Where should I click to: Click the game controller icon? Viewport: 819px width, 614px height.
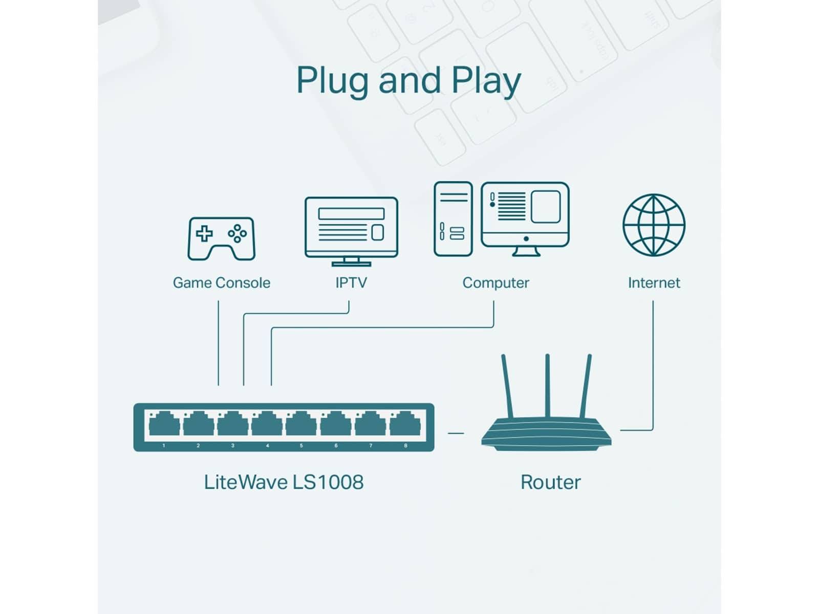click(x=221, y=238)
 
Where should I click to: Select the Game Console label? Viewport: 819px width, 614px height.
click(x=221, y=283)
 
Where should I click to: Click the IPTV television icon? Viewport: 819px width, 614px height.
click(x=351, y=227)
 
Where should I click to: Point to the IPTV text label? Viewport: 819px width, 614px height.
click(x=351, y=283)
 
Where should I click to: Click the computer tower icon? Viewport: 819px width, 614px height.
click(x=453, y=219)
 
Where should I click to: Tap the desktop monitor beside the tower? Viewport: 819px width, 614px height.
click(x=525, y=215)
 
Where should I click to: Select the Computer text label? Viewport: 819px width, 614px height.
click(x=495, y=283)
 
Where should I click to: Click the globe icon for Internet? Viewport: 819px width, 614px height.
click(x=654, y=225)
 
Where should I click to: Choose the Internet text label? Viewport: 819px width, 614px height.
click(x=654, y=283)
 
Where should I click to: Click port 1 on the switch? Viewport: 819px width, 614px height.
click(x=164, y=424)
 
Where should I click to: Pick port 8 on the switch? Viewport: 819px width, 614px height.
click(x=405, y=424)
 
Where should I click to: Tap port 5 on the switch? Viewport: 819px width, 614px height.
click(x=301, y=424)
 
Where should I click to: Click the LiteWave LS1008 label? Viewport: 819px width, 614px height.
click(x=284, y=483)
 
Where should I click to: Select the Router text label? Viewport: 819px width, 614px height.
click(x=550, y=483)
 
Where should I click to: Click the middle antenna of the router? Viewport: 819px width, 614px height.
click(x=547, y=386)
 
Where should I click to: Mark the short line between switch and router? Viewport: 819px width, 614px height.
click(x=456, y=433)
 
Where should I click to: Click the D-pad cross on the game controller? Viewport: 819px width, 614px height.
click(x=204, y=233)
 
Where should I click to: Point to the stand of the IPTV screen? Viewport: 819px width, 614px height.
click(x=351, y=262)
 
